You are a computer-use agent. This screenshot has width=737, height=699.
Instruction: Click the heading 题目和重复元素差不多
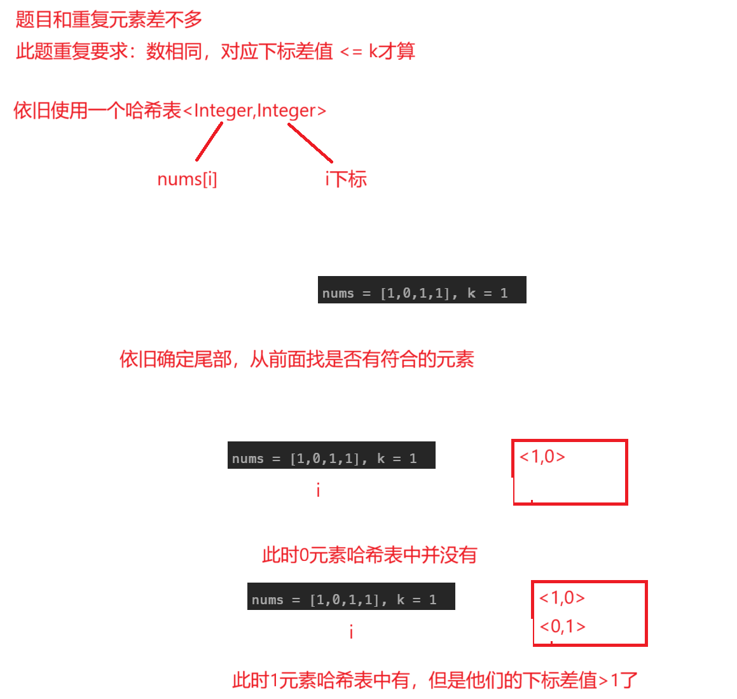109,20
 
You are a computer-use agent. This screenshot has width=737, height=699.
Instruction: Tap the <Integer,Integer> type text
254,111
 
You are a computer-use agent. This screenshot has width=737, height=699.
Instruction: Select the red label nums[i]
187,179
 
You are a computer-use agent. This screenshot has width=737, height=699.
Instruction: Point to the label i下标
346,179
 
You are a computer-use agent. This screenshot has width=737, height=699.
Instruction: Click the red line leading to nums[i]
209,142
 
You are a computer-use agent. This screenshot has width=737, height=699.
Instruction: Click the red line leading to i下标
310,142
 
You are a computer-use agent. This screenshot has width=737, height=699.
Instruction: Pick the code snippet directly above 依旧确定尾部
422,290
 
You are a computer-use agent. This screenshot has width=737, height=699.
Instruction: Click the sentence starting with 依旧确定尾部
296,359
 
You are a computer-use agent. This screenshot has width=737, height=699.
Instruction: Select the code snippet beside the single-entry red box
331,455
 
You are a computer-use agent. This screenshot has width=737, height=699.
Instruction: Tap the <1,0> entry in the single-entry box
542,457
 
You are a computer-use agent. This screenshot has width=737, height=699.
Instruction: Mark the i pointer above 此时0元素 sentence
318,490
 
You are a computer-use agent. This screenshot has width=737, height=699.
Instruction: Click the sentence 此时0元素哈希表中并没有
369,555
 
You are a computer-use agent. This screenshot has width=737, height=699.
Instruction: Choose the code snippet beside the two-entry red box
351,597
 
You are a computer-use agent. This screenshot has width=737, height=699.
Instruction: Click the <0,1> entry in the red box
562,626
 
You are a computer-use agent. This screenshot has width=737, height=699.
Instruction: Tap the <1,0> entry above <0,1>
562,598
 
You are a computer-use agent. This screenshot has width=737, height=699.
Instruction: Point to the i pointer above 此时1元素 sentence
351,632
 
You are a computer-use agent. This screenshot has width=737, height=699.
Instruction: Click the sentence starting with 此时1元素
434,681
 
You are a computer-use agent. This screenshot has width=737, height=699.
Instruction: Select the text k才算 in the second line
392,52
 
